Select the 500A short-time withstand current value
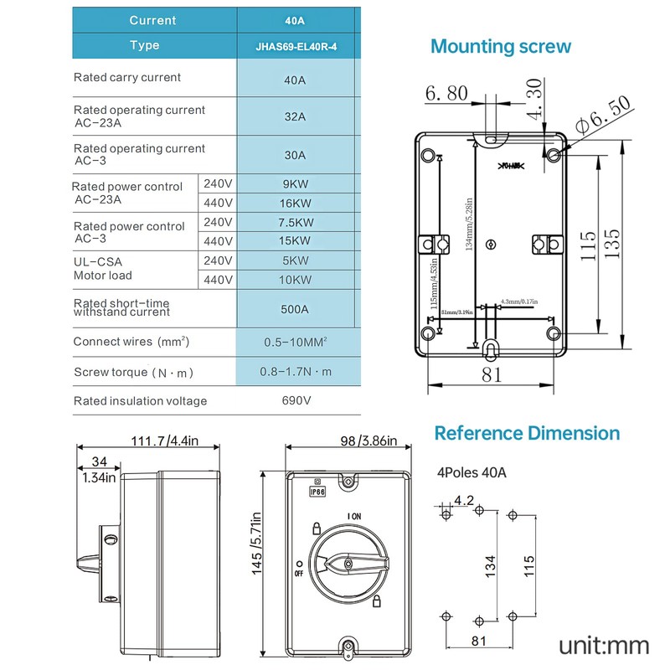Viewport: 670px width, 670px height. pyautogui.click(x=295, y=308)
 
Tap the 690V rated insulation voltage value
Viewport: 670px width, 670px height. pyautogui.click(x=295, y=400)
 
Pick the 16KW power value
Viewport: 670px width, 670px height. pyautogui.click(x=295, y=204)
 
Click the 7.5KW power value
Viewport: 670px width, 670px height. pyautogui.click(x=295, y=222)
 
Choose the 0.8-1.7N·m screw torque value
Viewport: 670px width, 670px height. pyautogui.click(x=295, y=371)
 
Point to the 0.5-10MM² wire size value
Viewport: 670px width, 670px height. pyautogui.click(x=295, y=342)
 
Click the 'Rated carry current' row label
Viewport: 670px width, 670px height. pyautogui.click(x=127, y=78)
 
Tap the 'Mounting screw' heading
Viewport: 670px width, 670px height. pyautogui.click(x=500, y=46)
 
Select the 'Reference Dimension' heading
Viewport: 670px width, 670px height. pyautogui.click(x=527, y=433)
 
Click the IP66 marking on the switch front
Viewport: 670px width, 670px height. pyautogui.click(x=317, y=492)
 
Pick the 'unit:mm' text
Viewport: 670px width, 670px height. pyautogui.click(x=604, y=645)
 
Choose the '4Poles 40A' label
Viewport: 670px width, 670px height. pyautogui.click(x=472, y=472)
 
